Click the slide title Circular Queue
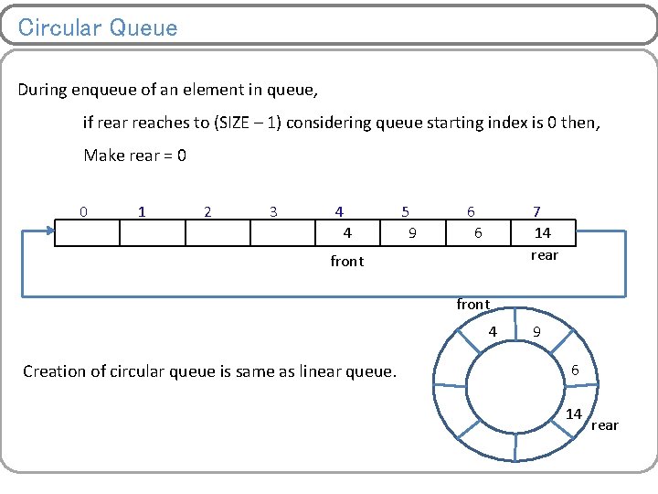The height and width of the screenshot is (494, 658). click(x=98, y=27)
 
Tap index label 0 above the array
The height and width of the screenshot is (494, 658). click(x=84, y=211)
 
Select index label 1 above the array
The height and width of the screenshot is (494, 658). click(x=141, y=211)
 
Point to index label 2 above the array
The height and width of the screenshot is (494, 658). click(x=207, y=211)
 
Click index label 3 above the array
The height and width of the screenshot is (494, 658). click(x=273, y=211)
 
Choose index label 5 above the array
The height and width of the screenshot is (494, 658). click(x=405, y=211)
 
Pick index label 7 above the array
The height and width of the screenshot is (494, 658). click(x=537, y=211)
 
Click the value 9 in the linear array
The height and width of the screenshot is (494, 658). click(x=412, y=233)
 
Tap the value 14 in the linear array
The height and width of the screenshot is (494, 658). click(x=543, y=233)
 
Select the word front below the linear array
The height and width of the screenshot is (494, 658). click(x=346, y=262)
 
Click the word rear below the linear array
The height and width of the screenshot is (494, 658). click(x=544, y=255)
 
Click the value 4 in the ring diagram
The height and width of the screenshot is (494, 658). click(x=493, y=331)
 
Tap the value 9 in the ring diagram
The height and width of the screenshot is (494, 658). click(x=537, y=333)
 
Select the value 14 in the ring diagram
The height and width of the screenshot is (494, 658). click(x=573, y=414)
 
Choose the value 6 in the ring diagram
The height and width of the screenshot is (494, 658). click(x=575, y=370)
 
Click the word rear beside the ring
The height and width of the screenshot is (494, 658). click(x=604, y=425)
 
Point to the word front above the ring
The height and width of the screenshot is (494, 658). click(x=473, y=304)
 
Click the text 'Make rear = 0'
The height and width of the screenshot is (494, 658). click(x=135, y=156)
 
